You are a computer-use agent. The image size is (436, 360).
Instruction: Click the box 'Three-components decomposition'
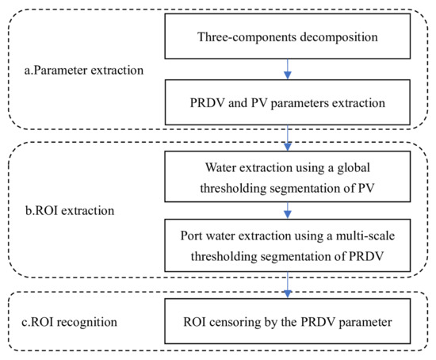tap(288, 36)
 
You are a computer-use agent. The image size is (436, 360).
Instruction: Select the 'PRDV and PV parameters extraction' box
tap(288, 102)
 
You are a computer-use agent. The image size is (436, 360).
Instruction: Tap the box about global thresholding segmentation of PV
tap(288, 177)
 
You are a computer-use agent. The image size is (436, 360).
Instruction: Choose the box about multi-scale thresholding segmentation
tap(288, 245)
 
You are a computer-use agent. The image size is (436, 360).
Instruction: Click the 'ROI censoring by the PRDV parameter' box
tap(288, 321)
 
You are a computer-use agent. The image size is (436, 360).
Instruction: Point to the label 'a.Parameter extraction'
tap(84, 71)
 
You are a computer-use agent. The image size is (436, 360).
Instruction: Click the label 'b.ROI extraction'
tap(70, 211)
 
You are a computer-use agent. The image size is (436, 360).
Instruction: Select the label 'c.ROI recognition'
tap(69, 322)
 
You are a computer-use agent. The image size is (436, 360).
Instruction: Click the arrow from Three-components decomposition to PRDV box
tap(288, 69)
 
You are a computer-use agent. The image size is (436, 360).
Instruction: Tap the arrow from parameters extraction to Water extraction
tap(288, 138)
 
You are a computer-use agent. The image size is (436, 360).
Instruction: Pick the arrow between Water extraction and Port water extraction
tap(288, 211)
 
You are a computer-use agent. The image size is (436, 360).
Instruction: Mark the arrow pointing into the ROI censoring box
tap(288, 285)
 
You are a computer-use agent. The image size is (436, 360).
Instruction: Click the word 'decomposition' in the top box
tap(338, 37)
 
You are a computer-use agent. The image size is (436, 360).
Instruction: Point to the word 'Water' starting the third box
tap(220, 167)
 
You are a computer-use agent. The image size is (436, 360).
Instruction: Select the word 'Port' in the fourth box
tap(192, 236)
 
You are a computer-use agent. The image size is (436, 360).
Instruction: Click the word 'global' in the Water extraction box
tap(354, 168)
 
